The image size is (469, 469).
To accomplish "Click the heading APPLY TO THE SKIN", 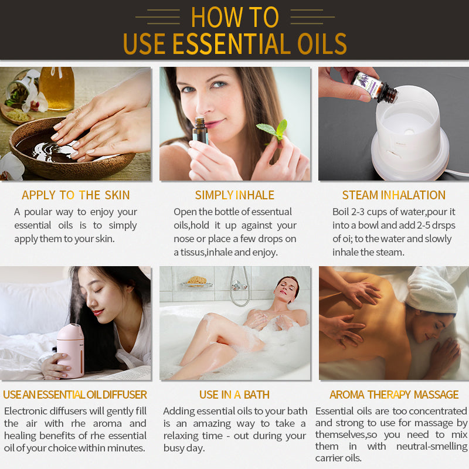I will click(76, 195).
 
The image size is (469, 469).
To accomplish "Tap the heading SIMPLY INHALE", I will click(235, 195).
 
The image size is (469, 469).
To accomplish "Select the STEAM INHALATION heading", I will click(393, 195).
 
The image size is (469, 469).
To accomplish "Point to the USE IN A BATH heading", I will click(235, 395).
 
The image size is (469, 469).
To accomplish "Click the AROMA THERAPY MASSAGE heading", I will click(394, 395).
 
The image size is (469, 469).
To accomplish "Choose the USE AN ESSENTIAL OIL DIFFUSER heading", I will click(75, 395).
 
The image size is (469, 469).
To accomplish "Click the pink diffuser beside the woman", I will click(70, 349).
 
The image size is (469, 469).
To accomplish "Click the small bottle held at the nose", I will click(200, 130).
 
